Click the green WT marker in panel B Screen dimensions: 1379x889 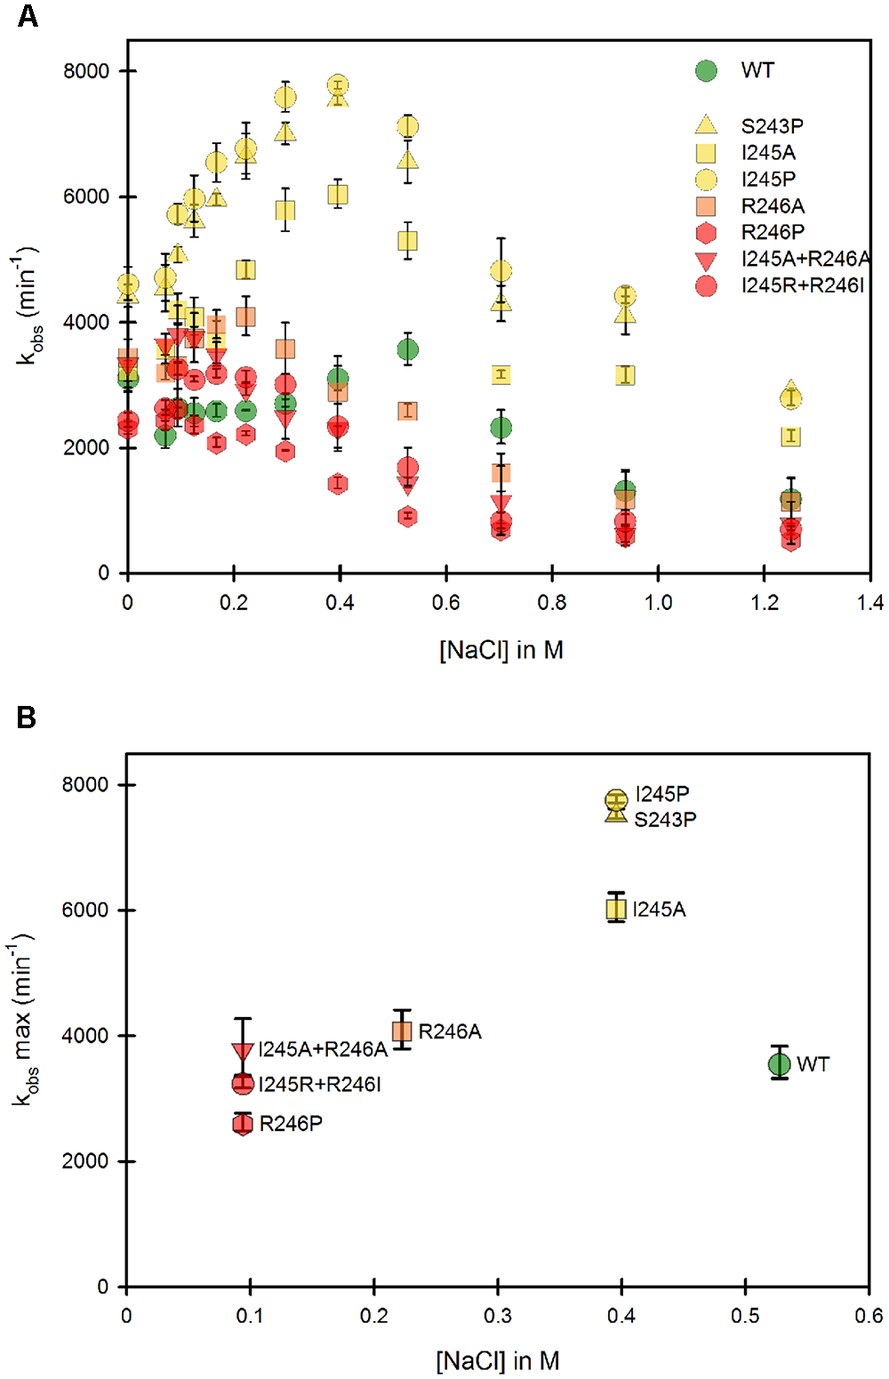click(779, 1063)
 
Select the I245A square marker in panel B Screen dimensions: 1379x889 click(616, 909)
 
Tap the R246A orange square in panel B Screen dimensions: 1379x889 click(402, 1031)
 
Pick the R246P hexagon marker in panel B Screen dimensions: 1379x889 click(243, 1124)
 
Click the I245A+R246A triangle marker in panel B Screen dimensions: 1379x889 click(243, 1051)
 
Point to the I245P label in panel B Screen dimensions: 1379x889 click(662, 794)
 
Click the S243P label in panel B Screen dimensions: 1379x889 click(665, 820)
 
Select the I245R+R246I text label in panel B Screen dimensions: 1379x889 click(320, 1085)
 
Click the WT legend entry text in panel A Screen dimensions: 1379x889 click(757, 70)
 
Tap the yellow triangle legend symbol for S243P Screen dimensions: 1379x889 click(706, 125)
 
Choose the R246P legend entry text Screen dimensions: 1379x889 click(773, 232)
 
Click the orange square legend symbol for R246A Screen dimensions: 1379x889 click(706, 206)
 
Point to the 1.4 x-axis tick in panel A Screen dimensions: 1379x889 click(869, 603)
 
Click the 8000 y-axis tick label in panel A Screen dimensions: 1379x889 click(86, 71)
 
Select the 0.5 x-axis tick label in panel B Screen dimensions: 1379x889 click(745, 1316)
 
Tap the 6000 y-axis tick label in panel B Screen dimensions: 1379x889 click(85, 910)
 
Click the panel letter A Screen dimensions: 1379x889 click(28, 16)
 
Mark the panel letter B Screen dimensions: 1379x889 click(27, 717)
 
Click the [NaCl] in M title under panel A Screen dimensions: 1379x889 click(501, 650)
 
